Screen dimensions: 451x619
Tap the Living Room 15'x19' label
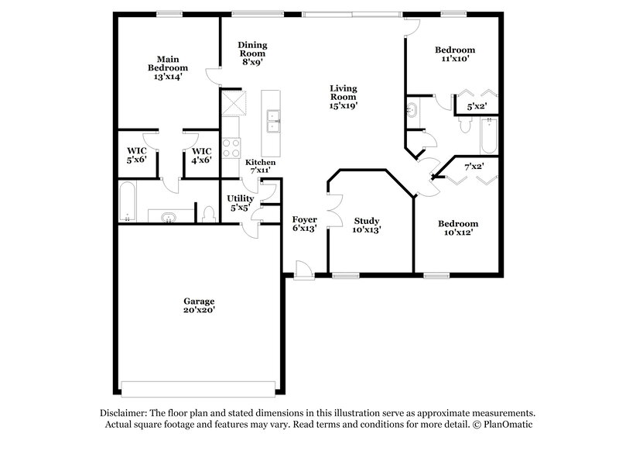[x=344, y=96]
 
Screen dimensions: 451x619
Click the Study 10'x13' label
[x=367, y=225]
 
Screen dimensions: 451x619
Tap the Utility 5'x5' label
[x=240, y=203]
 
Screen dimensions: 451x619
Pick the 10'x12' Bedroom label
[x=457, y=228]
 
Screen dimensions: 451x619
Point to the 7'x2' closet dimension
[x=474, y=167]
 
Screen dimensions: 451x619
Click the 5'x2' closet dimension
[x=477, y=106]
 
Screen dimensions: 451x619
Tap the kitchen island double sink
[x=272, y=119]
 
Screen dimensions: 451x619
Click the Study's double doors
[x=333, y=208]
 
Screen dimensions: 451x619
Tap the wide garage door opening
[x=199, y=388]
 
